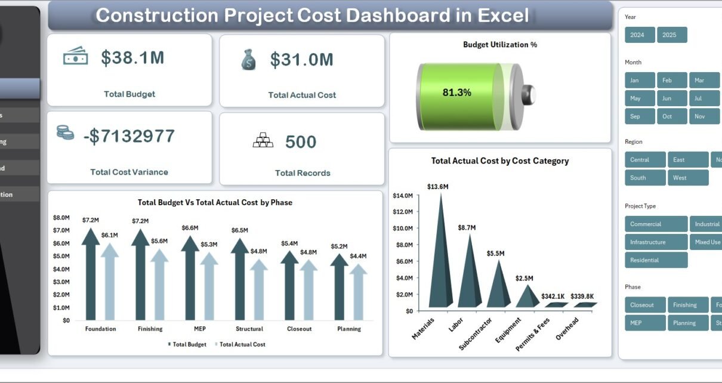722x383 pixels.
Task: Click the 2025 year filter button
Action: pyautogui.click(x=672, y=35)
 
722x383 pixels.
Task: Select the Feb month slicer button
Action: pyautogui.click(x=672, y=81)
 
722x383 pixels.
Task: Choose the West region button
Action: pyautogui.click(x=688, y=178)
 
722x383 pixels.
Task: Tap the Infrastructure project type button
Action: pyautogui.click(x=656, y=242)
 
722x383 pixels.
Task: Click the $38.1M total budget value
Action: pyautogui.click(x=132, y=58)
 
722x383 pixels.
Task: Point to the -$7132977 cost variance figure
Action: pyautogui.click(x=129, y=136)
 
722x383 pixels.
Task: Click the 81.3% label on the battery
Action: pyautogui.click(x=457, y=92)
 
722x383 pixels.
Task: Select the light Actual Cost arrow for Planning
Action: pyautogui.click(x=358, y=292)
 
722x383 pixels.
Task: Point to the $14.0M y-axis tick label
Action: pyautogui.click(x=403, y=196)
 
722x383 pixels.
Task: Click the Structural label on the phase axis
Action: pyautogui.click(x=249, y=329)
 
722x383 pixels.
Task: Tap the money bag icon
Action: pyautogui.click(x=248, y=60)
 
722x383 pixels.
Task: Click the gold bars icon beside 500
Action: pyautogui.click(x=263, y=141)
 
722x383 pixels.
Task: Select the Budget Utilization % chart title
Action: pyautogui.click(x=499, y=45)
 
